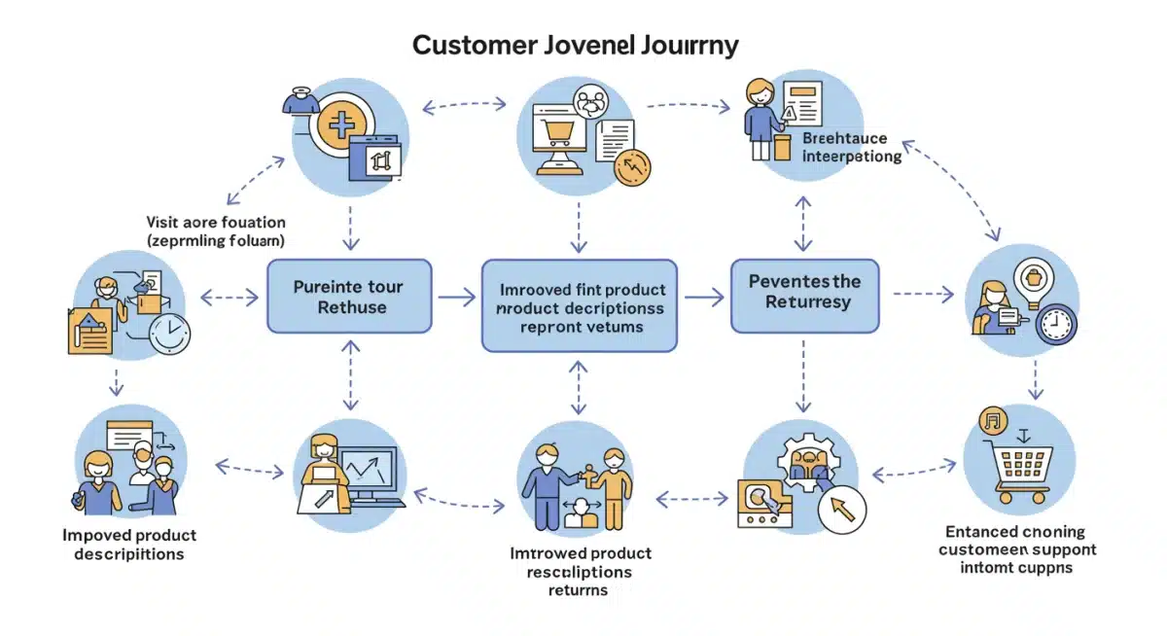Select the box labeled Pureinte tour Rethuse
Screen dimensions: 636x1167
pos(348,297)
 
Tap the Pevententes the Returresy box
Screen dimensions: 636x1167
pos(804,291)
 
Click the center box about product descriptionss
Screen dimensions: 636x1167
pos(580,305)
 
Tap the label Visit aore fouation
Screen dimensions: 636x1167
pos(215,223)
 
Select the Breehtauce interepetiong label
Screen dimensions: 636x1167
pos(851,148)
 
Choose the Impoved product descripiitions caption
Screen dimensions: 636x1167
pos(128,545)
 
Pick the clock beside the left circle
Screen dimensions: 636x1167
pos(169,334)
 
